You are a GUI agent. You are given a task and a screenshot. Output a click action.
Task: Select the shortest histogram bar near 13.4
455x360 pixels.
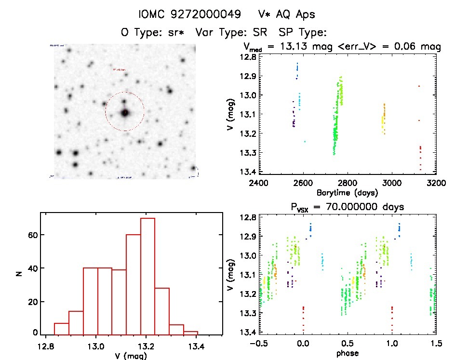tap(191, 332)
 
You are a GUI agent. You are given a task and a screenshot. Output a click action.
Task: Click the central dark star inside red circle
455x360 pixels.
tap(125, 112)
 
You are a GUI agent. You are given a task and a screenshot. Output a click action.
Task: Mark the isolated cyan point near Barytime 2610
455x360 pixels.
tap(305, 141)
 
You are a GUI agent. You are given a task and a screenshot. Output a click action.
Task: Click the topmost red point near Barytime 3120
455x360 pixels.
tap(419, 86)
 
